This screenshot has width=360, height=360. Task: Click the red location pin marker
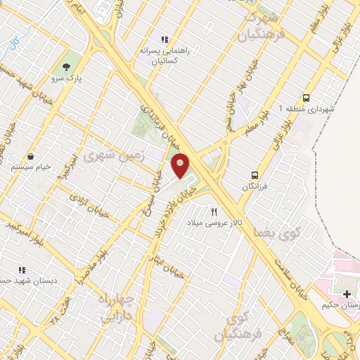pos(181,165)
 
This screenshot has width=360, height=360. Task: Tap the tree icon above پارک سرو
pos(67,67)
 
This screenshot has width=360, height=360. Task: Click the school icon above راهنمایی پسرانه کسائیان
pos(164,40)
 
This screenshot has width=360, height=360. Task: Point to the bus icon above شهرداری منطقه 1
pos(307,98)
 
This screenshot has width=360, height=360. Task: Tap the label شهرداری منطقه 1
pos(307,109)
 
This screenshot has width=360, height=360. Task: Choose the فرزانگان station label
pos(255,186)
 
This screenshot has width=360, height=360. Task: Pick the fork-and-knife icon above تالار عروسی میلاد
pos(214,211)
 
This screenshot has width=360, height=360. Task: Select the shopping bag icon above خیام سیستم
pos(30,156)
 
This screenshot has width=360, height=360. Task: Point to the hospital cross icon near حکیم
pos(347,293)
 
